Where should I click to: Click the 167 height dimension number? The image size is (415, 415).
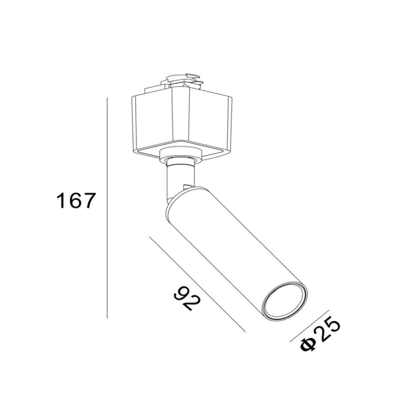pos(75,201)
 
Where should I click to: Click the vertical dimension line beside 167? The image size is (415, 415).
pos(107,208)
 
